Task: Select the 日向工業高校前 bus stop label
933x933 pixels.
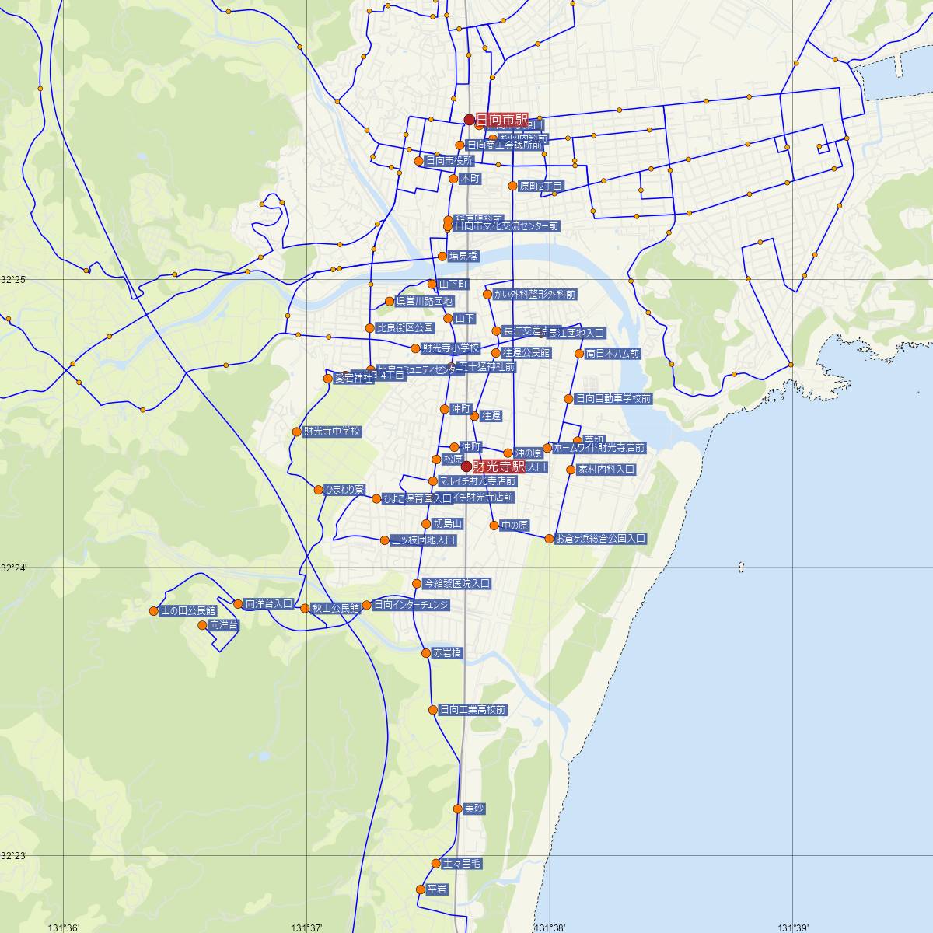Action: click(x=472, y=710)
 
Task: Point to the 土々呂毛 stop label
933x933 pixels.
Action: click(x=462, y=864)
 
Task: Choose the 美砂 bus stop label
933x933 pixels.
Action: click(x=473, y=809)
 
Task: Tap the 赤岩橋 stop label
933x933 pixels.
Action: click(x=448, y=653)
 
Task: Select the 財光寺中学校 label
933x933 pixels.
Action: click(x=332, y=432)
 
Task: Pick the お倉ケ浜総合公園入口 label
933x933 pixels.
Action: click(x=601, y=538)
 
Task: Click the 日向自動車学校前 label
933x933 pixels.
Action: click(x=613, y=399)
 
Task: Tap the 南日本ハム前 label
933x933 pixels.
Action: click(x=613, y=354)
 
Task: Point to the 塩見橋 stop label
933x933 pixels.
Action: click(x=463, y=256)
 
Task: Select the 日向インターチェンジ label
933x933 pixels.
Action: click(x=411, y=605)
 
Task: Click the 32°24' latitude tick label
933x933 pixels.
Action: click(x=14, y=568)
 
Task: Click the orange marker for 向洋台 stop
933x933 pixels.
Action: click(x=203, y=625)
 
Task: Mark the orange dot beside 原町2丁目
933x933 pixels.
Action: click(x=512, y=186)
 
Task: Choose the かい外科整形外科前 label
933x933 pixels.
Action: click(x=534, y=295)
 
